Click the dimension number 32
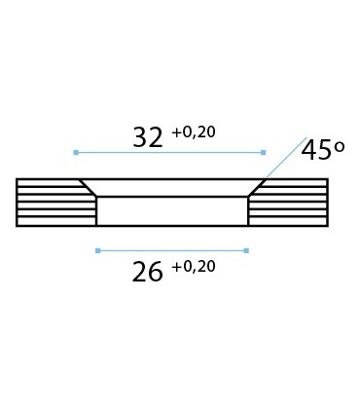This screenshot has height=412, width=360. pos(148,137)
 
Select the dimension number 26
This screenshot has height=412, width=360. pos(148,272)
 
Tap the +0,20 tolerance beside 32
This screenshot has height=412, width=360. pos(193,132)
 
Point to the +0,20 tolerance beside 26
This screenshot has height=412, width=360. pos(193,266)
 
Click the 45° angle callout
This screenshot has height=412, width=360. pos(323,151)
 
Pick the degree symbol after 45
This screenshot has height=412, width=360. pos(340,146)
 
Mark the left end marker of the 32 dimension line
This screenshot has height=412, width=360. pos(75,152)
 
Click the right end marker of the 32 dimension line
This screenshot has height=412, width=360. pos(264,152)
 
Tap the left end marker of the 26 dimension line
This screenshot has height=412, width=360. pos(97,250)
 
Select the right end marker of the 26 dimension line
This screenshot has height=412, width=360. pos(246,250)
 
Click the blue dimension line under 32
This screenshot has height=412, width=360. pos(169,152)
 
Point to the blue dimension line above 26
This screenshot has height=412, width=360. pos(171,250)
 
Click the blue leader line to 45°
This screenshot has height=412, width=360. pos(285,159)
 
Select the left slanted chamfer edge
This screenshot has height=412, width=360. pos(88,188)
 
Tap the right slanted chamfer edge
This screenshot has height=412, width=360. pos(257,188)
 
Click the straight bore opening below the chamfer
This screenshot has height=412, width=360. pos(172,211)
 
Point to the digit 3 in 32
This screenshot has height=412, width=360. pos(140,137)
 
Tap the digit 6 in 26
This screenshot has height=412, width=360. pos(156,272)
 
